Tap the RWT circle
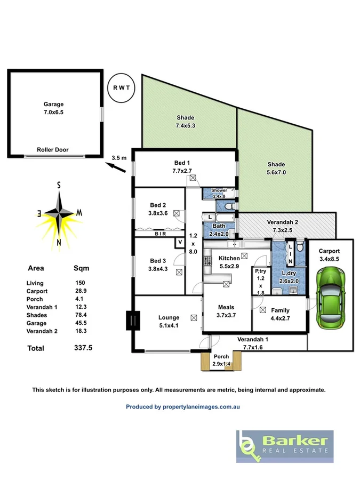[x=121, y=87]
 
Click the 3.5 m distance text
[x=119, y=157]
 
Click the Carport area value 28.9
[x=79, y=291]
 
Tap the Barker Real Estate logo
[x=285, y=446]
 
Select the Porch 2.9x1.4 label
[x=221, y=360]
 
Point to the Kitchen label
[x=230, y=258]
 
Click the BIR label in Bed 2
[x=159, y=234]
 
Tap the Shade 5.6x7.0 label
[x=276, y=168]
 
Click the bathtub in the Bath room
[x=219, y=218]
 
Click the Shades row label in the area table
[x=37, y=315]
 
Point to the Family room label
[x=281, y=310]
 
